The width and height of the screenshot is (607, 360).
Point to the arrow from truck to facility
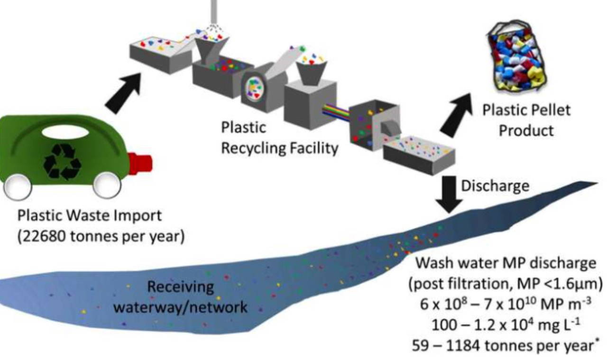(x=124, y=93)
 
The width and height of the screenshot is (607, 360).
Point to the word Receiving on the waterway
(x=180, y=287)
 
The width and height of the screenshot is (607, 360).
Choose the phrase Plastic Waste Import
(x=90, y=216)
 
